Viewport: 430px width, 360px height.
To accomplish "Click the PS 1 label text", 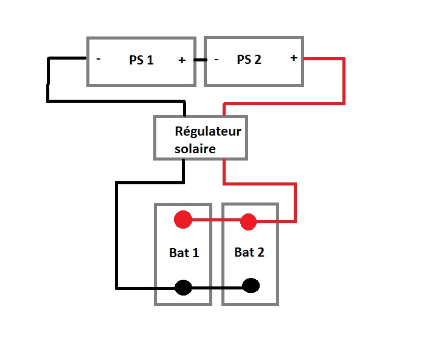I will pyautogui.click(x=141, y=60).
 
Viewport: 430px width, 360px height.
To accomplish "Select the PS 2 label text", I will pyautogui.click(x=249, y=60).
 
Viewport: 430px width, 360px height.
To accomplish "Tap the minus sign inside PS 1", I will pyautogui.click(x=98, y=60).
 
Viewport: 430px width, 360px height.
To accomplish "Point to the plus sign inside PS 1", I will pyautogui.click(x=181, y=60).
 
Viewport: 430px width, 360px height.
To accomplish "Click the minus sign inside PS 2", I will pyautogui.click(x=216, y=60).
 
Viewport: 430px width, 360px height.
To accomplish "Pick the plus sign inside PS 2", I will pyautogui.click(x=294, y=58).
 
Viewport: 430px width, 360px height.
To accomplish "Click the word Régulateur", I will pyautogui.click(x=208, y=131).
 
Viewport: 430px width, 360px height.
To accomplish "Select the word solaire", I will pyautogui.click(x=195, y=148).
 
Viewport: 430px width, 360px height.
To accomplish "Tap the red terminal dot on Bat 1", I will pyautogui.click(x=183, y=220).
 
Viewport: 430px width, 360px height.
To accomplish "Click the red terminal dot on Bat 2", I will pyautogui.click(x=248, y=222).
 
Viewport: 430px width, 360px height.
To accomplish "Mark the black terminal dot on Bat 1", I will pyautogui.click(x=183, y=288).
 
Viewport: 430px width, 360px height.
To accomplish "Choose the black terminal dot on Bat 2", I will pyautogui.click(x=251, y=285).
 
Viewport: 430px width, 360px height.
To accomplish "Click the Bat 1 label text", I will pyautogui.click(x=184, y=253).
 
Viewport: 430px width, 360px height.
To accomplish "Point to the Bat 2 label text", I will pyautogui.click(x=249, y=252).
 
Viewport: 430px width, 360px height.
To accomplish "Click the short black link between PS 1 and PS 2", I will pyautogui.click(x=200, y=60).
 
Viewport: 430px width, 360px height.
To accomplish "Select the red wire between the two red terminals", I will pyautogui.click(x=215, y=221).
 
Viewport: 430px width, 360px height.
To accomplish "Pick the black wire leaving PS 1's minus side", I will pyautogui.click(x=48, y=79).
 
